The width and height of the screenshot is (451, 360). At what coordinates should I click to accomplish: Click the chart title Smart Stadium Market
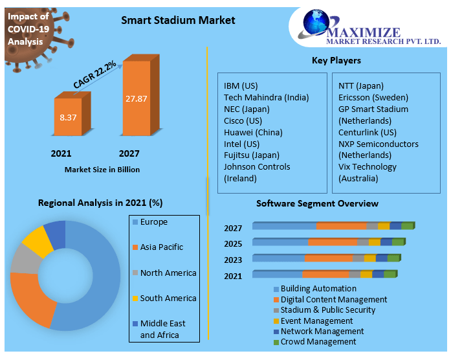point(178,20)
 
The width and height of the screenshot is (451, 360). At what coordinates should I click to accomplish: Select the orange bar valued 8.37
point(67,117)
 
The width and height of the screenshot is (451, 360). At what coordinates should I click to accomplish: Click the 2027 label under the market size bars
point(129,153)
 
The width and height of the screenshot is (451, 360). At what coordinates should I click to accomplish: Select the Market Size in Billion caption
point(102,170)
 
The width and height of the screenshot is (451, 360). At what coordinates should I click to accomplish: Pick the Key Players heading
point(336,61)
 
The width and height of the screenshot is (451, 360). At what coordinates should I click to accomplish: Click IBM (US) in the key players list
point(241,86)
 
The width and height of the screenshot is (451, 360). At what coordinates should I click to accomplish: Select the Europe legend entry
point(153,222)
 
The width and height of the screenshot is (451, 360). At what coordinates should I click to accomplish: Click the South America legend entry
point(168,298)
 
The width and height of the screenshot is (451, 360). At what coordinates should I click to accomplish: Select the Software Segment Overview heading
point(317,203)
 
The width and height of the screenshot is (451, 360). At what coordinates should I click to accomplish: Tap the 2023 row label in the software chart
point(233,260)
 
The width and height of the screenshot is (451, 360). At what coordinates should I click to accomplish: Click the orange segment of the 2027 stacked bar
point(341,226)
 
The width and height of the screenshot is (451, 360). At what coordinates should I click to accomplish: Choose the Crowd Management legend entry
point(318,342)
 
